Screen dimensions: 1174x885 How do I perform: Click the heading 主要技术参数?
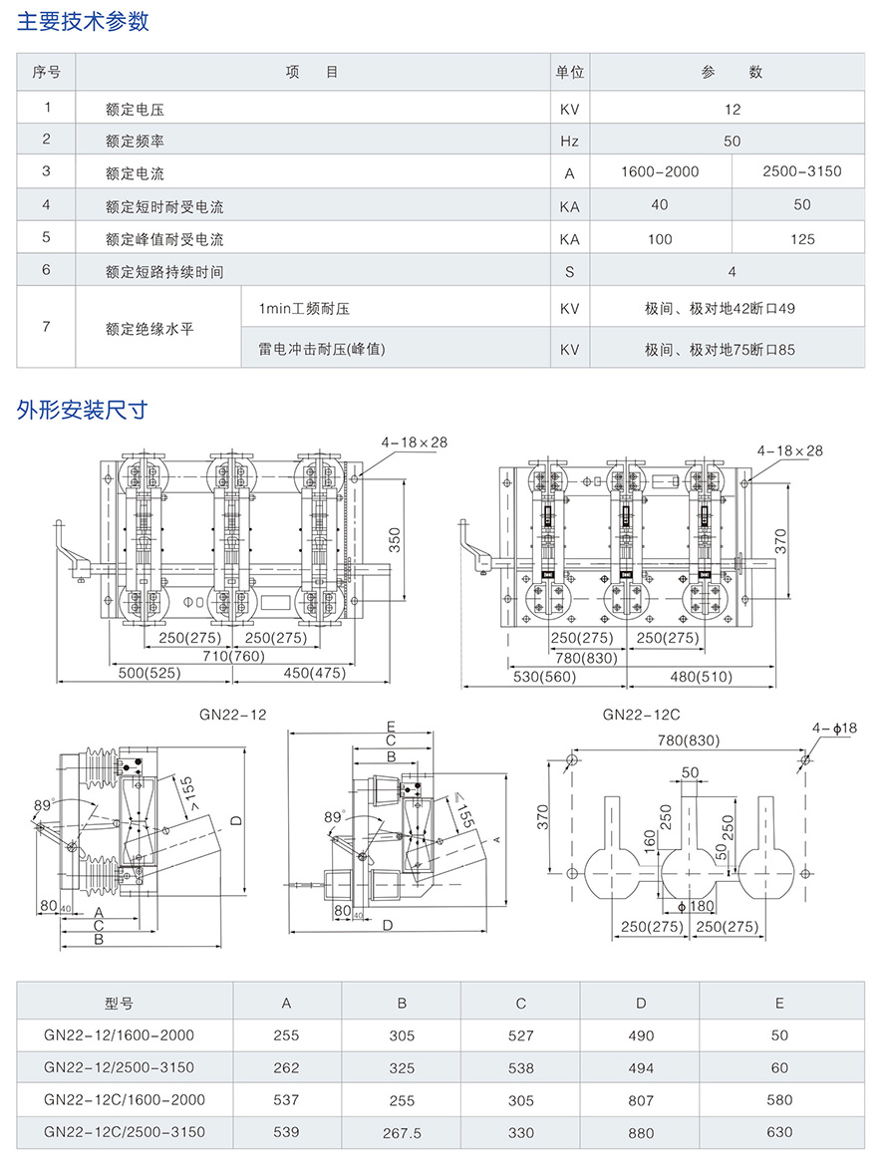tap(84, 22)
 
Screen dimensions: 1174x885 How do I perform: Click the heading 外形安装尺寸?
tap(83, 410)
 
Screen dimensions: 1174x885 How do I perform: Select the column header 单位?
tap(569, 73)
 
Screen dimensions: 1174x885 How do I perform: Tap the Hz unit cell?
tap(569, 142)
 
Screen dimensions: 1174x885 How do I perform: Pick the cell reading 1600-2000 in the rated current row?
tap(660, 171)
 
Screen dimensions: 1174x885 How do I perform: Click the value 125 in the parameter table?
tap(801, 239)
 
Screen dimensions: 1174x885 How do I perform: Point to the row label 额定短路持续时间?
tap(164, 272)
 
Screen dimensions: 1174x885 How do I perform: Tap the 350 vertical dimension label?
tap(395, 540)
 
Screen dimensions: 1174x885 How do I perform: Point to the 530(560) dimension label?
tap(544, 677)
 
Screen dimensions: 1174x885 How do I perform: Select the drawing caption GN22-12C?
tap(641, 715)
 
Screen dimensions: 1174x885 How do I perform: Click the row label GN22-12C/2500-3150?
tap(125, 1131)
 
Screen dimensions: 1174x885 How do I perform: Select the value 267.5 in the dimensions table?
tap(402, 1133)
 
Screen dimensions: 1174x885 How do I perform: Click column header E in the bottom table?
tap(780, 1003)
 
